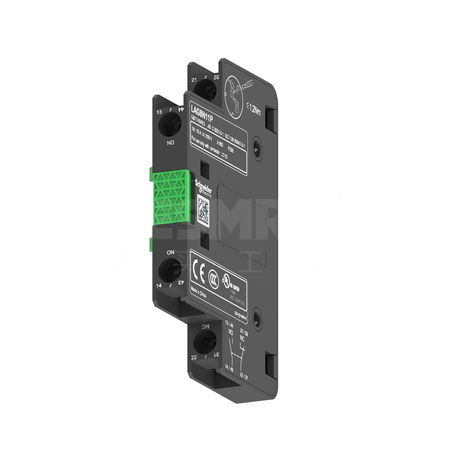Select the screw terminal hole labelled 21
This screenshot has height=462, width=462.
point(203,88)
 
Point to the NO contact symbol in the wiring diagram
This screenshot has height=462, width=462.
point(231,347)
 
